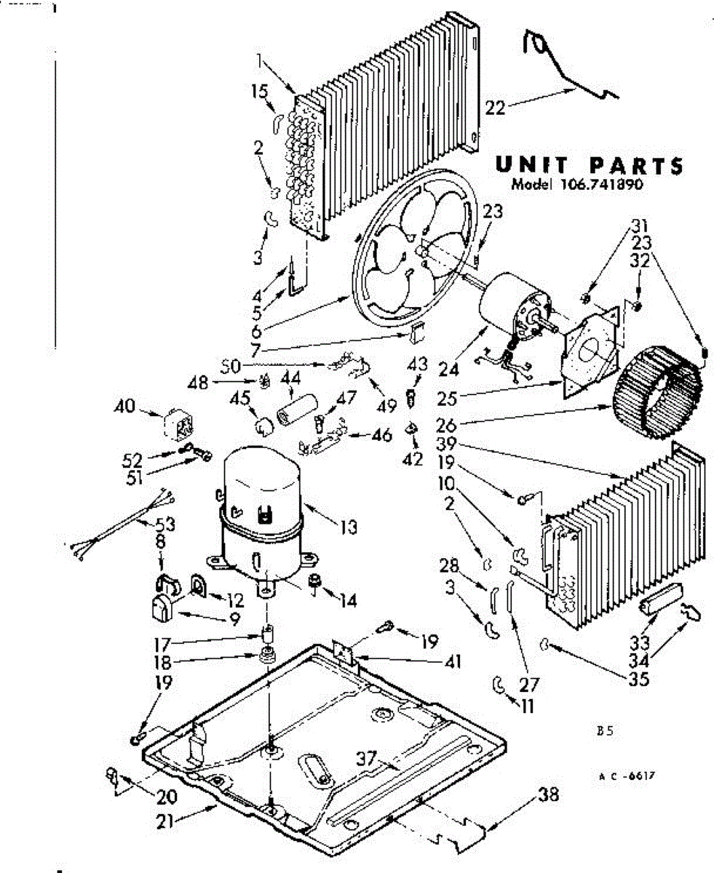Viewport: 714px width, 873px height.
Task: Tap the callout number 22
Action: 495,107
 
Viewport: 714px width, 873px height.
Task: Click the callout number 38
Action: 549,795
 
